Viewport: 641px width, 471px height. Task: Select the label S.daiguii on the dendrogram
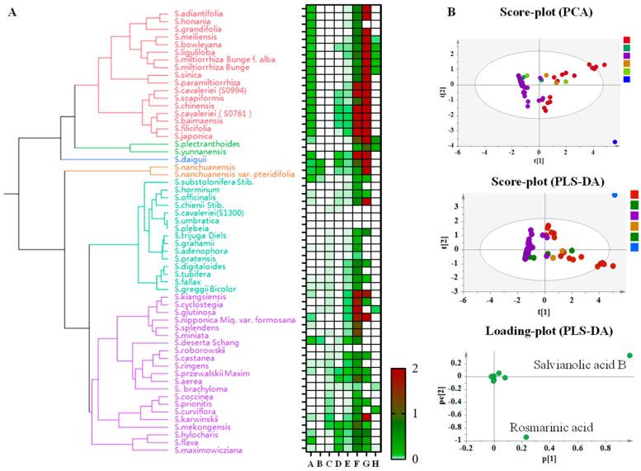pos(191,158)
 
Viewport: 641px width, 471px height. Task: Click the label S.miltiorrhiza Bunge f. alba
pos(225,59)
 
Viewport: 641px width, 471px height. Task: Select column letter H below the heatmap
pos(378,463)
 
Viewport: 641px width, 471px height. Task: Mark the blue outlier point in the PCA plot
pos(615,142)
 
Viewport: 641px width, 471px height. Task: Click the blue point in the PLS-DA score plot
pos(614,195)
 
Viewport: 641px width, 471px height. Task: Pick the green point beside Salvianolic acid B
pos(629,356)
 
